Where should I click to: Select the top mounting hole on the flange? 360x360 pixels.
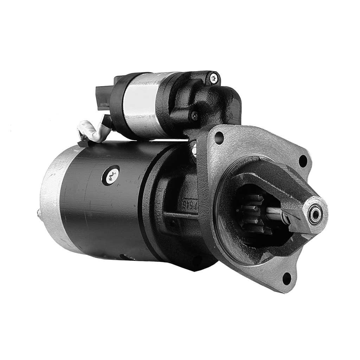click(x=219, y=137)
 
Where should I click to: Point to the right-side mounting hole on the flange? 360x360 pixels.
click(x=303, y=161)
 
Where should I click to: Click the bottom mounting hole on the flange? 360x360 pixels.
click(x=287, y=278)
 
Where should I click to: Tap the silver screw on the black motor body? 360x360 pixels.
click(x=112, y=175)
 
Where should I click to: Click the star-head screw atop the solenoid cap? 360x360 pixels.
click(x=214, y=78)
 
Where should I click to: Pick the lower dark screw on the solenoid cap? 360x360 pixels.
click(x=194, y=115)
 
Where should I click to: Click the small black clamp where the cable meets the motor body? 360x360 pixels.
click(x=83, y=143)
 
